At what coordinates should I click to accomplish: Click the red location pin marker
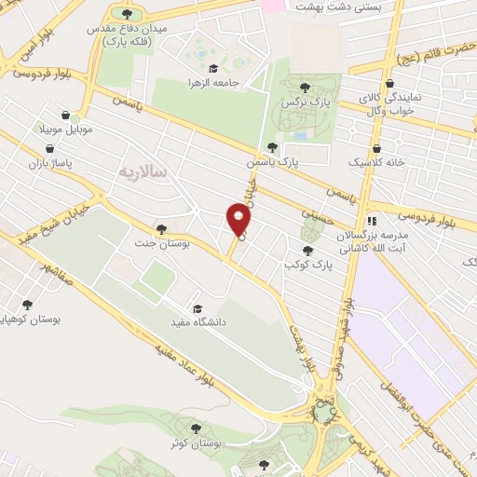point(238,220)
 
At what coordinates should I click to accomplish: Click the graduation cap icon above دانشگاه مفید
point(197,308)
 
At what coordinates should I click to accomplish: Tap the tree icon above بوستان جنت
point(161,228)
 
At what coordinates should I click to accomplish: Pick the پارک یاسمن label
point(279,161)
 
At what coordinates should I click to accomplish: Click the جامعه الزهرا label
point(215,82)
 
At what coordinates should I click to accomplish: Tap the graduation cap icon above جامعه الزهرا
point(214,68)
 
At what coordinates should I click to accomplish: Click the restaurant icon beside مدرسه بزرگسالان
point(373,221)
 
